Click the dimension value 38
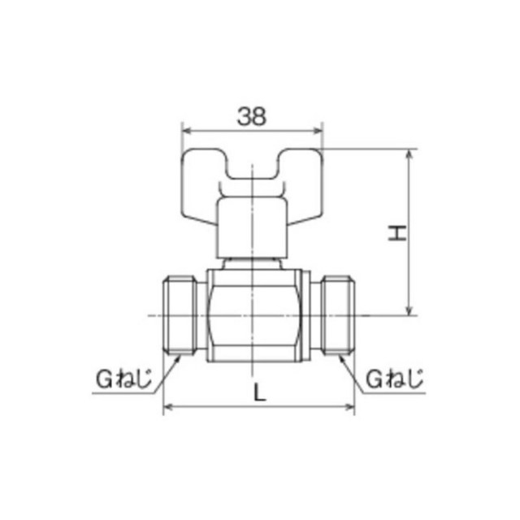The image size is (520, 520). [x=252, y=116]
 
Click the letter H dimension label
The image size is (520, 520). [x=397, y=233]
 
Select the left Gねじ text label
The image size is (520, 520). [x=123, y=379]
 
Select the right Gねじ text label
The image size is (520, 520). [x=394, y=379]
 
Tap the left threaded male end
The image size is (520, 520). [x=180, y=315]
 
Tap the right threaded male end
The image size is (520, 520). [x=338, y=315]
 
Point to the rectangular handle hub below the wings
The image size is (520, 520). [x=252, y=228]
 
